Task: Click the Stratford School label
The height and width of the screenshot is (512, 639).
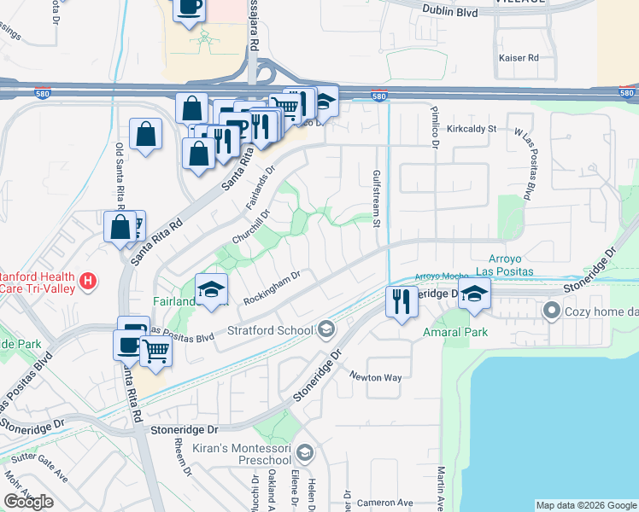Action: tap(267, 329)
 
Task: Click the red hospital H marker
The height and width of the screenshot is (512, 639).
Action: tap(86, 280)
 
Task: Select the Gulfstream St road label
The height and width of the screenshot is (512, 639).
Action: tap(375, 198)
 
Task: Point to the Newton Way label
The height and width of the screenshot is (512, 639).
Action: tap(375, 376)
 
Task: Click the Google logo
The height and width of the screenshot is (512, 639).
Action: tap(29, 502)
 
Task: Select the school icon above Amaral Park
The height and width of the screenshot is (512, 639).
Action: tap(475, 296)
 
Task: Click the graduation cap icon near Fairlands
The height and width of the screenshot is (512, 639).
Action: tap(211, 290)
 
